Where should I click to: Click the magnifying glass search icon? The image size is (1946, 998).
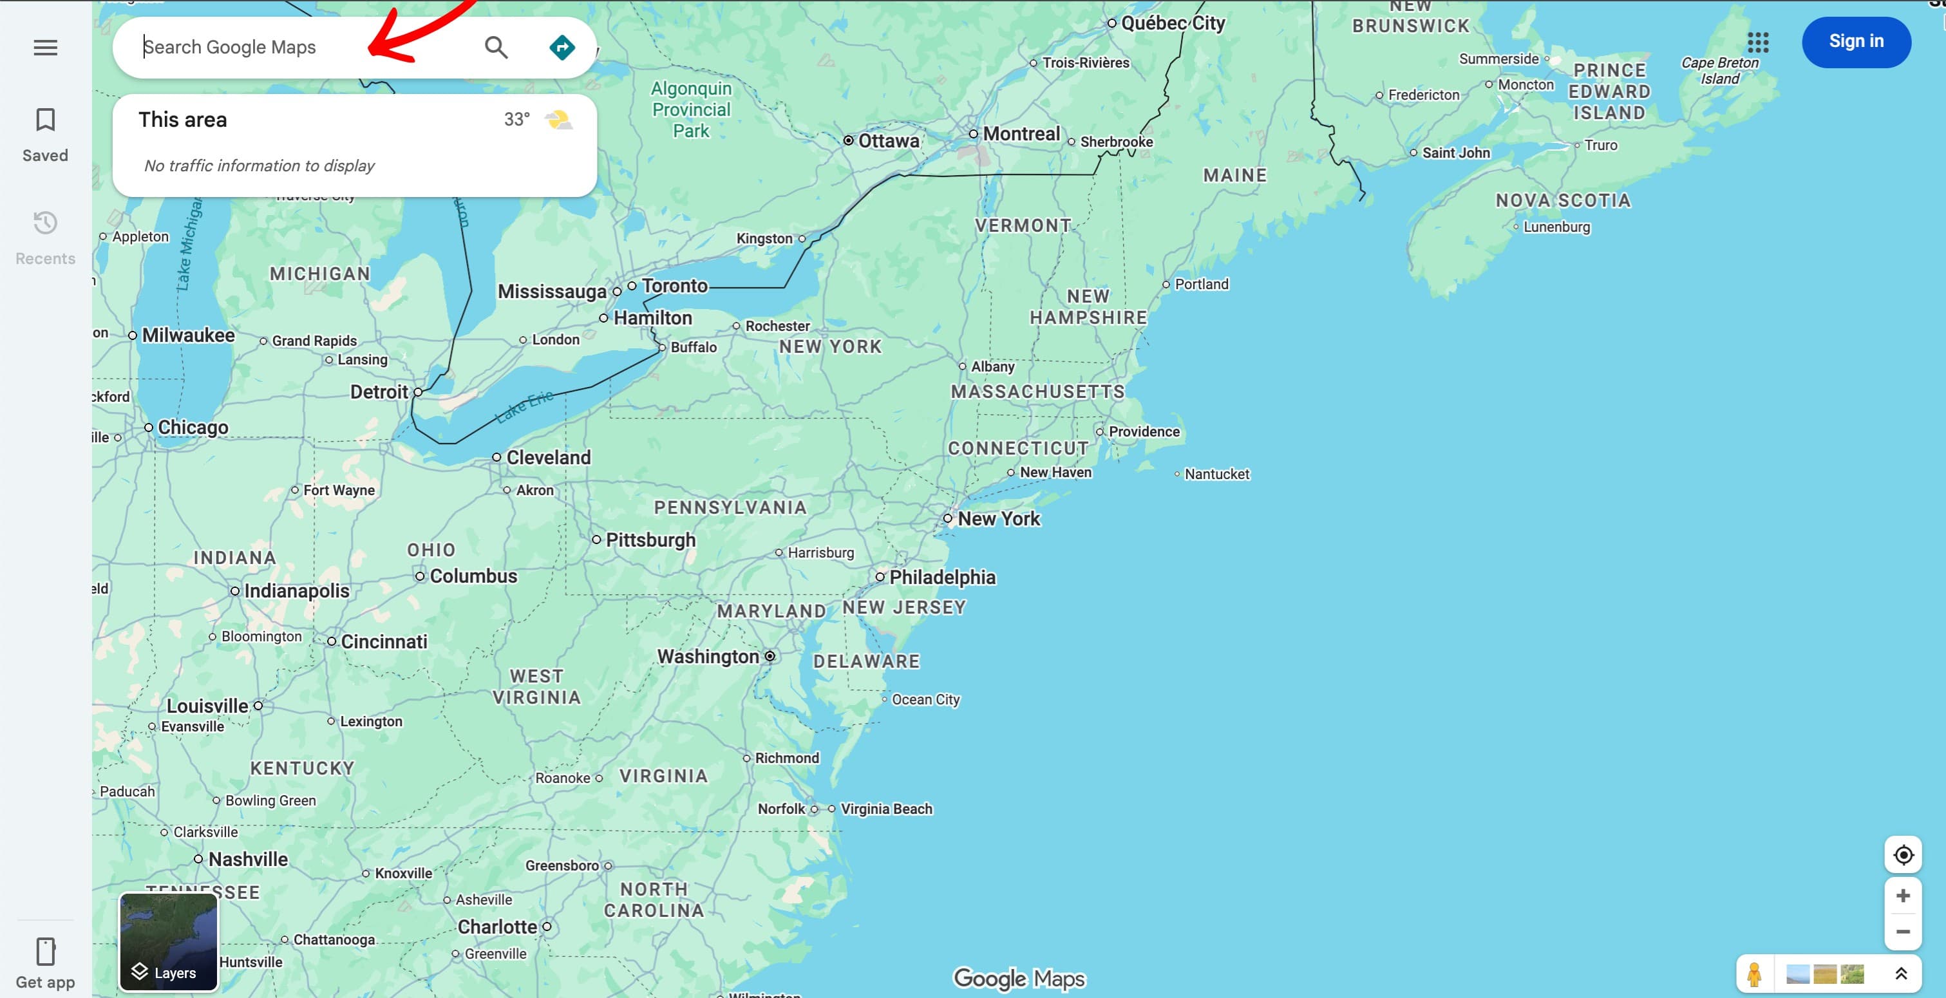(x=496, y=48)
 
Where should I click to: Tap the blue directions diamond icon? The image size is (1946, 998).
(x=562, y=48)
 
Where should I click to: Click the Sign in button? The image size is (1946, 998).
(x=1855, y=42)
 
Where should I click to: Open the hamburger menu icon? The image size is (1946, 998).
(x=45, y=48)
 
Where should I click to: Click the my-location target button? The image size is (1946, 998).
(x=1902, y=854)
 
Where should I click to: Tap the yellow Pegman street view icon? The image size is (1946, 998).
(x=1754, y=974)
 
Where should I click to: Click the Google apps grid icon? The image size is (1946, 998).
(x=1757, y=42)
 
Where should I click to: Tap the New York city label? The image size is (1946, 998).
(x=998, y=519)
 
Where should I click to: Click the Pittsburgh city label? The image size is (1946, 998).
(x=650, y=540)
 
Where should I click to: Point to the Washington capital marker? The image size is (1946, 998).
(x=770, y=655)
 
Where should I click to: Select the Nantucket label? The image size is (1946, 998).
(x=1216, y=475)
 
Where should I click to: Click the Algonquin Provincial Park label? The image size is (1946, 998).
(x=690, y=109)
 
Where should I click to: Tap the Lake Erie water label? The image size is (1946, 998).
(x=524, y=406)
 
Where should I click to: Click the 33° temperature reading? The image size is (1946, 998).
(x=516, y=119)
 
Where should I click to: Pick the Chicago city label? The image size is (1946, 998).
(x=193, y=428)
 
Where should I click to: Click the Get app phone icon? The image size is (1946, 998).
(x=45, y=951)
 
